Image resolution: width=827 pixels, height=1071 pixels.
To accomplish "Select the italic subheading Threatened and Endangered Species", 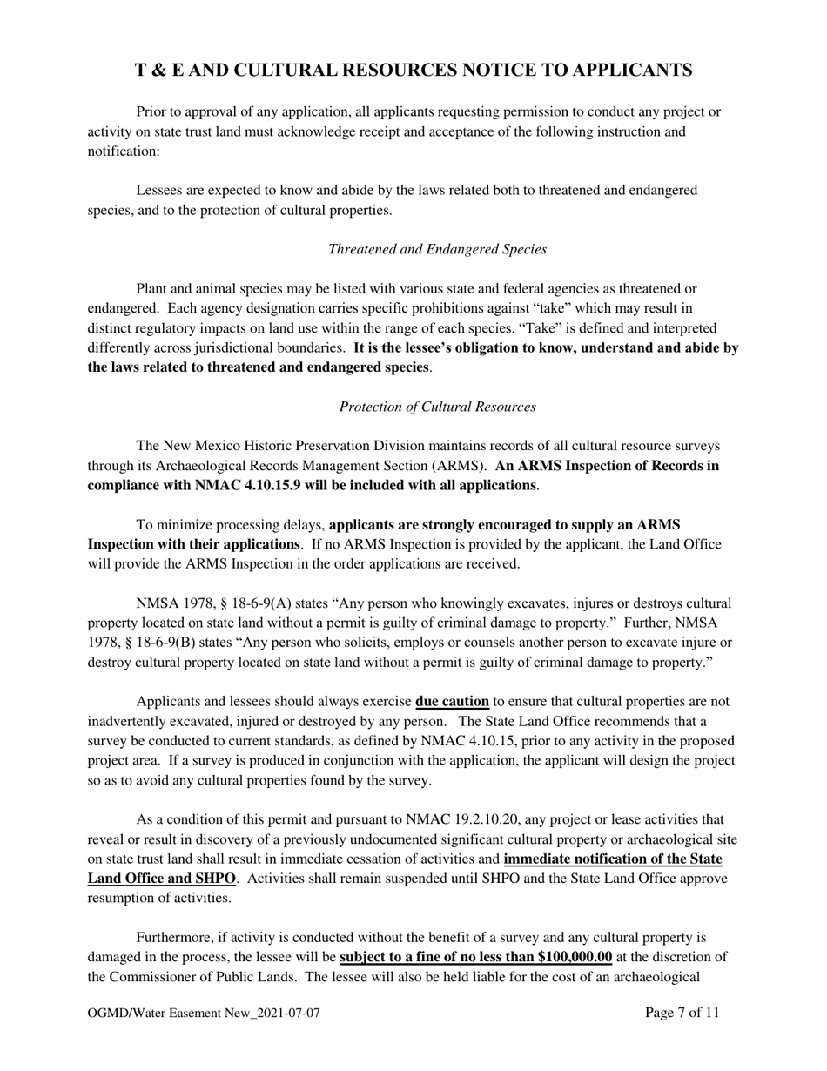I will [x=437, y=249].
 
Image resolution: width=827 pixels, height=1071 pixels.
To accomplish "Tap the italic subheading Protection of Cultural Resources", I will [x=437, y=407].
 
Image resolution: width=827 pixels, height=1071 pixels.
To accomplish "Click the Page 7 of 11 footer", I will [x=682, y=1013].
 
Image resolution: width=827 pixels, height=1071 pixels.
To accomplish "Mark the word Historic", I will [x=288, y=446].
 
